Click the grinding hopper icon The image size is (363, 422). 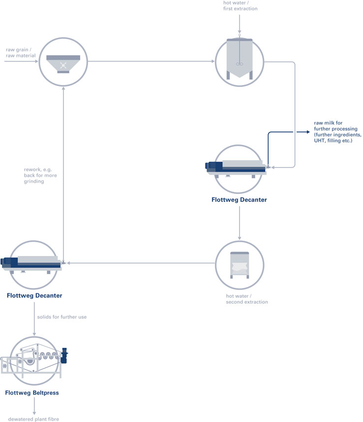coord(63,64)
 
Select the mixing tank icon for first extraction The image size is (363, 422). coord(240,59)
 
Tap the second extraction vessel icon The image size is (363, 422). coord(240,265)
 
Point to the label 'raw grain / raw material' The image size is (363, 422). coord(21,53)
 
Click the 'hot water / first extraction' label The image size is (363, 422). coord(240,6)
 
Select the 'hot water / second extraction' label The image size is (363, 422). coord(247,299)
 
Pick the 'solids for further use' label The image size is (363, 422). coord(62,317)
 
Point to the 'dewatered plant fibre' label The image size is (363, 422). coord(33,419)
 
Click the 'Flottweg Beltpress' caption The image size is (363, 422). coord(32,393)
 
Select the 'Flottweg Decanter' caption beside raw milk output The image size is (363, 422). coord(240,199)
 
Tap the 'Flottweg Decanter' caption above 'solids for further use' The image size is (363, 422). coord(34,296)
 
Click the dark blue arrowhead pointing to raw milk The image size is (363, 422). coord(307,132)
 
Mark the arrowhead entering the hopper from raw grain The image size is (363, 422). coord(36,61)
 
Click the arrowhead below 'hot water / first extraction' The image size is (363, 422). coord(240,32)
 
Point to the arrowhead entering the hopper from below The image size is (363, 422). coord(63,88)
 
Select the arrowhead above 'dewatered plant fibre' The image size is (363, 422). coord(34,413)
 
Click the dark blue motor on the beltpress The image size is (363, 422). coord(64,356)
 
